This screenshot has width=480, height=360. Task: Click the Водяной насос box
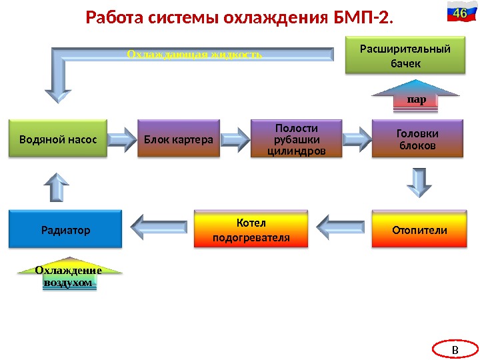coord(58,139)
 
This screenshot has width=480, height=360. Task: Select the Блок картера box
coord(178,139)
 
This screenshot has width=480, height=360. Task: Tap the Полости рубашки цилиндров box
coord(296,139)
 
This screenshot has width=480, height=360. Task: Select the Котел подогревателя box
coord(251,229)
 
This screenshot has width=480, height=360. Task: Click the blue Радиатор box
coord(65,229)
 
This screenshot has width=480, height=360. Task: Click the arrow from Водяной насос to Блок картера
coord(121,139)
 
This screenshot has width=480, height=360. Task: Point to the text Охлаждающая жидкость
coord(194,53)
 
